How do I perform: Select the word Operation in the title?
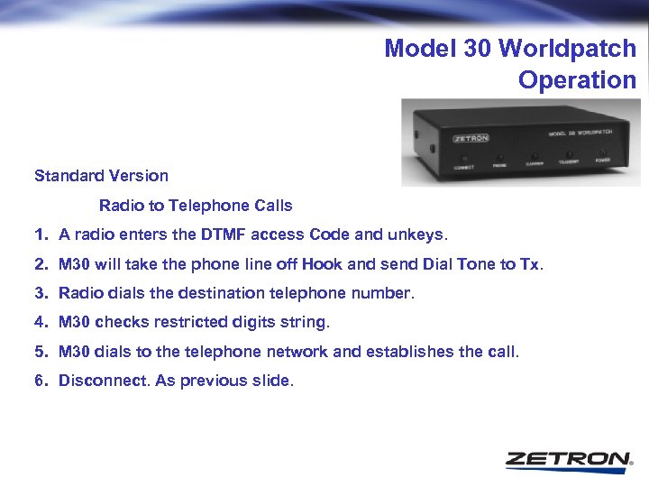pyautogui.click(x=577, y=79)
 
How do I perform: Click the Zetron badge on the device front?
pyautogui.click(x=471, y=139)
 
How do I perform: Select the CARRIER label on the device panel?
pyautogui.click(x=535, y=164)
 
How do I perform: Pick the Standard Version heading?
pyautogui.click(x=101, y=175)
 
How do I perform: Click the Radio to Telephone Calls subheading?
pyautogui.click(x=196, y=206)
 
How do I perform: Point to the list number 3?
pyautogui.click(x=39, y=293)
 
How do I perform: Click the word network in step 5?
pyautogui.click(x=333, y=351)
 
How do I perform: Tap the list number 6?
pyautogui.click(x=39, y=381)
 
